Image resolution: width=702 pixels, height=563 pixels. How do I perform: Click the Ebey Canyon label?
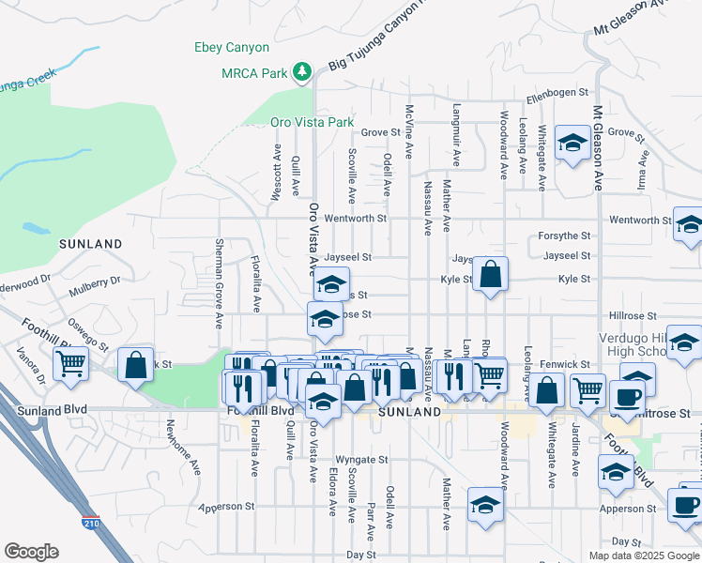[231, 47]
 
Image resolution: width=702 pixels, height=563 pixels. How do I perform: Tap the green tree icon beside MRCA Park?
[302, 71]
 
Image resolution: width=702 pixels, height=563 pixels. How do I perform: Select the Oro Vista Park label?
[312, 122]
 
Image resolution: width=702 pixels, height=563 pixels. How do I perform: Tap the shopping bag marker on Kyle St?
[490, 275]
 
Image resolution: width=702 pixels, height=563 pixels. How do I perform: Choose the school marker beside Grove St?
[572, 144]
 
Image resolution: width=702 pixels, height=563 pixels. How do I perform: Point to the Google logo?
[31, 552]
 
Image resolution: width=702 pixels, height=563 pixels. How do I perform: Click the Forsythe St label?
[564, 236]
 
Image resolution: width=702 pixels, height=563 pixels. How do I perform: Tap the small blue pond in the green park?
[35, 228]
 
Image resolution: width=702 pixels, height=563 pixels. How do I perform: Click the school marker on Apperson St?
[485, 504]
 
